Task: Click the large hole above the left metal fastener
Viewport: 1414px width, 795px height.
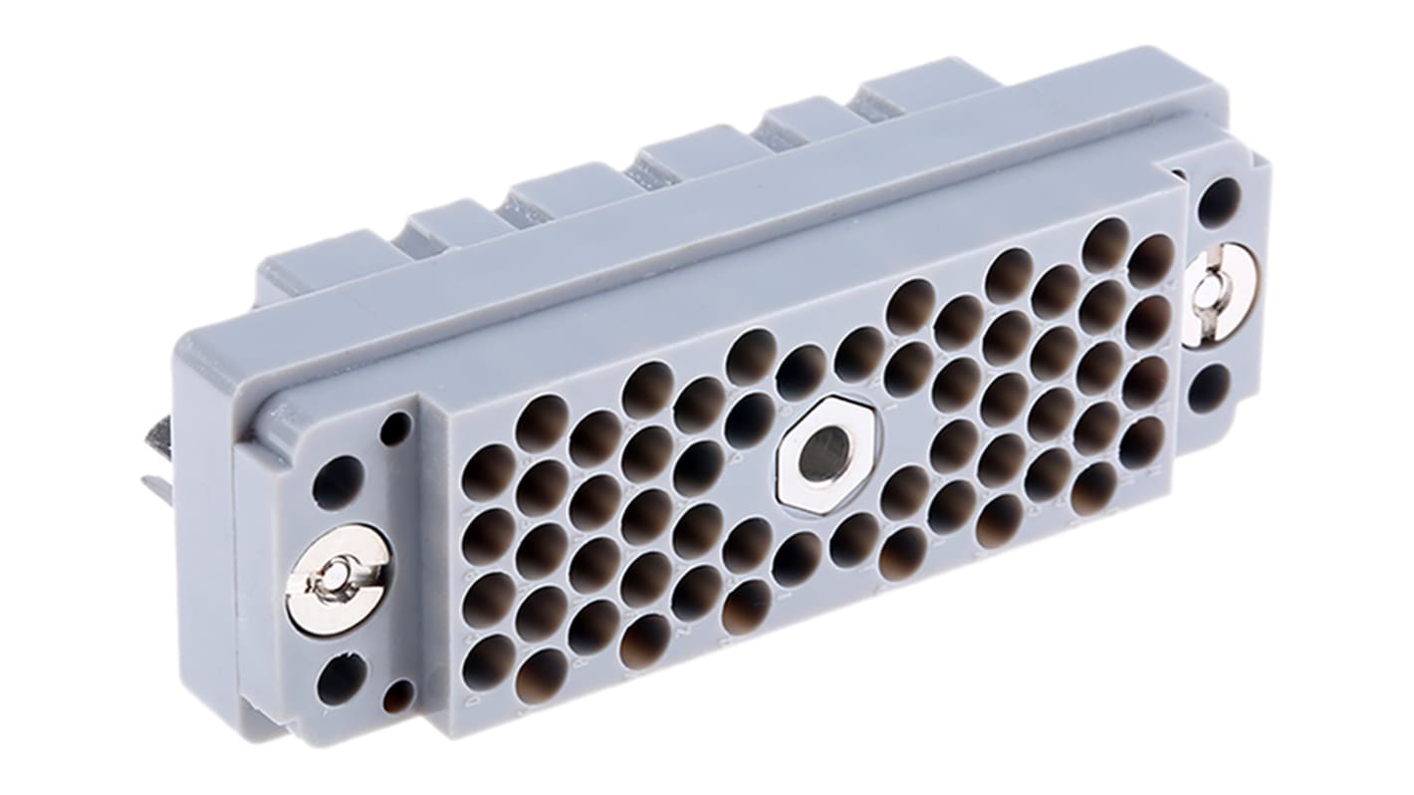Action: (338, 482)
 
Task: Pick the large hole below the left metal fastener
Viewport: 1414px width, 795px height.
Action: (341, 678)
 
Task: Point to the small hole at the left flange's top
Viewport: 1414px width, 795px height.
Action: (395, 429)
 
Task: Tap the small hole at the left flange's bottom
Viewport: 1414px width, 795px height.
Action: (399, 694)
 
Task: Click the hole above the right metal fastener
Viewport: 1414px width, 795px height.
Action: (1218, 202)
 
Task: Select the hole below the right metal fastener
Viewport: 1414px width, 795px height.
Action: (1209, 389)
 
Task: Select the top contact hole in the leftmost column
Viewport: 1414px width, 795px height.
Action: (489, 472)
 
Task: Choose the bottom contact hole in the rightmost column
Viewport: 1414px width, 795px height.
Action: (1142, 441)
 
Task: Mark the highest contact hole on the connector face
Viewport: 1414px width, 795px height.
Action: (1105, 245)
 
